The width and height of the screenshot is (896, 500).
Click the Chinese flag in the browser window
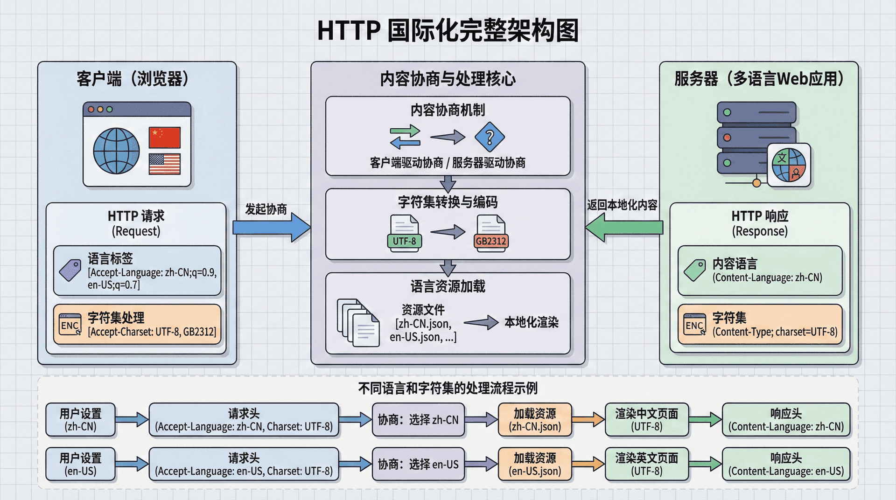pos(164,138)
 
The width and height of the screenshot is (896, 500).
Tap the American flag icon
pos(164,164)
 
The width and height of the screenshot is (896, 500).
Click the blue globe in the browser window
pos(116,151)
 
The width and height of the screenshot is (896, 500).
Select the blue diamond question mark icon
pos(489,137)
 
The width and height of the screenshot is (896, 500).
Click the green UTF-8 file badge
pos(404,241)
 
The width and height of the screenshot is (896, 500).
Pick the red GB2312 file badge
pos(490,241)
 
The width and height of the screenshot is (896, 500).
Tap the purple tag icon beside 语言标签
pos(70,270)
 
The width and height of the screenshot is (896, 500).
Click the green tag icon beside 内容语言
pos(695,270)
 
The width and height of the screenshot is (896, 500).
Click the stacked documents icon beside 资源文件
pos(358,323)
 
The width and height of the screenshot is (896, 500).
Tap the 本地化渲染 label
pos(531,322)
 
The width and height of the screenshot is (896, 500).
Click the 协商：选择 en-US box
pos(418,464)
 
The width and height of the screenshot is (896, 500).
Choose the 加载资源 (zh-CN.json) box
pos(535,420)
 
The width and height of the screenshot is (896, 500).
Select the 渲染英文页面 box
pos(646,464)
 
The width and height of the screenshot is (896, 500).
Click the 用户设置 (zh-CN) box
pos(80,420)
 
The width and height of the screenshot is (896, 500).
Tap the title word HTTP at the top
pos(349,31)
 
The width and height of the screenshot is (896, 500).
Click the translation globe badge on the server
pos(789,165)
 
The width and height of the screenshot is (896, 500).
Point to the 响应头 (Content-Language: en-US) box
pos(786,464)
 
